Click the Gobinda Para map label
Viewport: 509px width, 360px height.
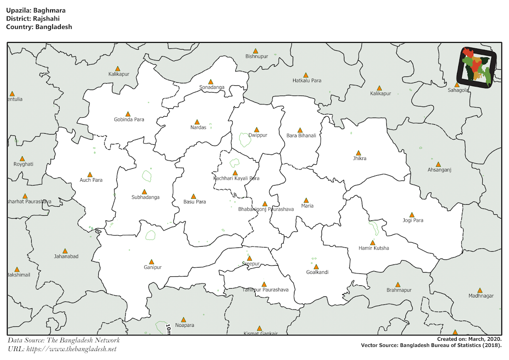click(129, 119)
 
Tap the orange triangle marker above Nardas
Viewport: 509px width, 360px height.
click(197, 122)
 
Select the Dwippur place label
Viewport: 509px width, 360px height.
click(258, 135)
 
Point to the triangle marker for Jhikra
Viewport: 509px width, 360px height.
click(358, 153)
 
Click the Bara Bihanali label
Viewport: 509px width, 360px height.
click(301, 135)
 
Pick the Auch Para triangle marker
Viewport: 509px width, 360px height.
click(89, 174)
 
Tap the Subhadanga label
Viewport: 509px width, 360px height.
click(145, 197)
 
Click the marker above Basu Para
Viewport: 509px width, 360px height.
click(193, 197)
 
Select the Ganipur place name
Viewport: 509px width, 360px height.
click(153, 267)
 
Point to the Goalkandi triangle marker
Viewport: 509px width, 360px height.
click(316, 267)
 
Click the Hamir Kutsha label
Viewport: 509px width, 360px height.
click(374, 248)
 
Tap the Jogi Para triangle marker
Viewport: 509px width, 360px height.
click(411, 215)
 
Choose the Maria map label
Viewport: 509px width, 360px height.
click(307, 205)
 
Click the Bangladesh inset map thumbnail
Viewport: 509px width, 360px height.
click(477, 67)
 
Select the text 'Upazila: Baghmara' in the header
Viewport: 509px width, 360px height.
click(36, 10)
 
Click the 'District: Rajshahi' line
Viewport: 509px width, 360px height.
click(33, 19)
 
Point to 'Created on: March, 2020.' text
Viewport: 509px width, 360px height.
click(470, 339)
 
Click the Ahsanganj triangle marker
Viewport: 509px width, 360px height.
click(438, 164)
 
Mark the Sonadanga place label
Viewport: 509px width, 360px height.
click(212, 87)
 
